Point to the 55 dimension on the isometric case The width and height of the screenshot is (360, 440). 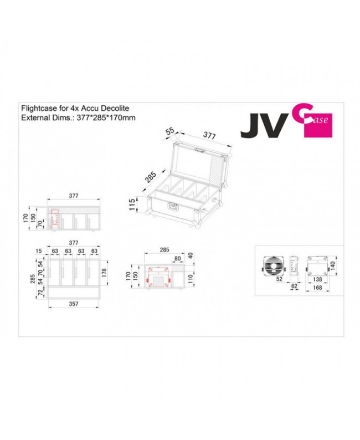(x=169, y=131)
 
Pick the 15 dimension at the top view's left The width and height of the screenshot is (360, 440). (x=39, y=250)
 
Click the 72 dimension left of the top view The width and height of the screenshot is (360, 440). (x=39, y=293)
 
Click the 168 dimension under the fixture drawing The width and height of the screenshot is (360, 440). (x=318, y=287)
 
